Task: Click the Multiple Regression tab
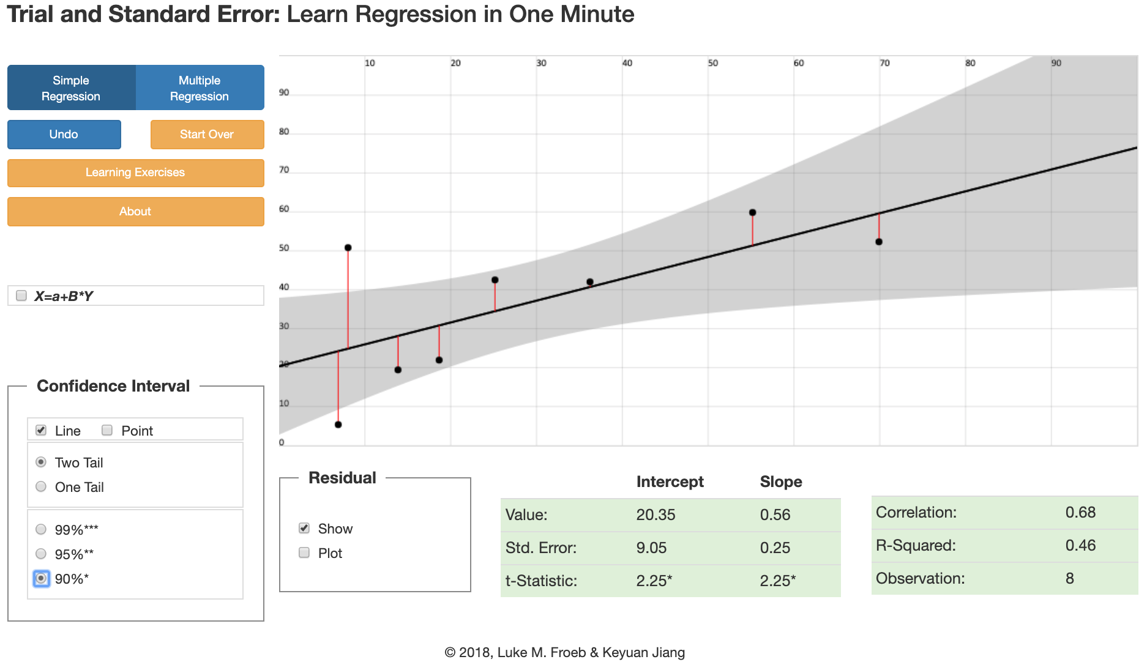tap(200, 88)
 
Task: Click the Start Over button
tap(207, 135)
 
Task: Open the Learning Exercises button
tap(135, 173)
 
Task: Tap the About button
tap(135, 212)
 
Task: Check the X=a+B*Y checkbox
tap(21, 296)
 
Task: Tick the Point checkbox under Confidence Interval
tap(107, 430)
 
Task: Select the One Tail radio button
tap(41, 487)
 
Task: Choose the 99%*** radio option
tap(41, 529)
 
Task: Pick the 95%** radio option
tap(41, 554)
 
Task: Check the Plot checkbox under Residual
tap(304, 553)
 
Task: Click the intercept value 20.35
tap(656, 515)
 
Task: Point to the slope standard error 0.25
tap(775, 548)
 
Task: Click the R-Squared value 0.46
tap(1080, 546)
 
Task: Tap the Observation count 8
tap(1069, 579)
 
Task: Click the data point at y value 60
tap(752, 213)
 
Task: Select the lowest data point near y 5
tap(338, 425)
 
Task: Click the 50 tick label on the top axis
tap(713, 63)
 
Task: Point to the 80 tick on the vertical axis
tap(284, 132)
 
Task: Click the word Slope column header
tap(780, 482)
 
